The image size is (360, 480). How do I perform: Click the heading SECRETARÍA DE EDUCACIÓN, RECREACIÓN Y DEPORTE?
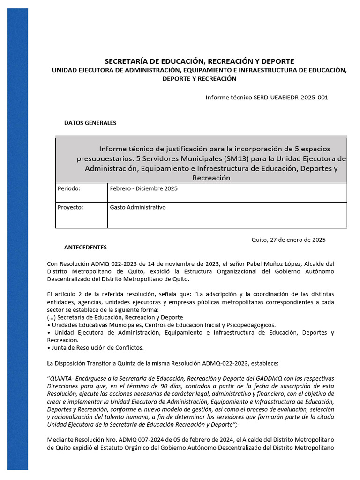click(199, 61)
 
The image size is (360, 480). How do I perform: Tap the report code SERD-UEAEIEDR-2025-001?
click(291, 97)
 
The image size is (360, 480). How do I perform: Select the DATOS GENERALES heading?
click(90, 123)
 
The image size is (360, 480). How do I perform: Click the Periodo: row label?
click(69, 188)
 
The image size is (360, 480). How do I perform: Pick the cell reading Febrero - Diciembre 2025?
click(143, 188)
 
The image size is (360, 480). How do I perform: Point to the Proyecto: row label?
click(70, 207)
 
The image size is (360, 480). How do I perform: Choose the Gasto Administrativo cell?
click(138, 207)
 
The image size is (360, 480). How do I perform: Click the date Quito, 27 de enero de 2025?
click(288, 240)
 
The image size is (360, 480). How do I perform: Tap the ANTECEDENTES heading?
click(85, 247)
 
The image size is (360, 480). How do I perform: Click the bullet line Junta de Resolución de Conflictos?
click(97, 347)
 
